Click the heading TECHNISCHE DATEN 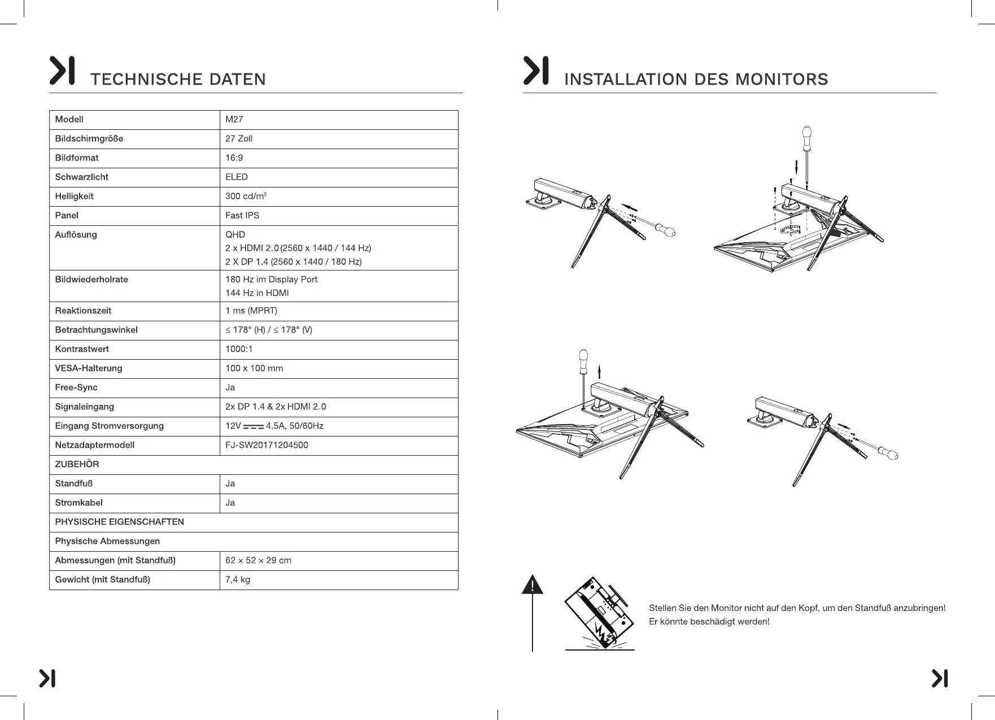[178, 79]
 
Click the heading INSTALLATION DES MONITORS [696, 79]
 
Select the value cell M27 [234, 119]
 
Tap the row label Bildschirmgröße [89, 138]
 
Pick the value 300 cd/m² [246, 196]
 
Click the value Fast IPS [242, 215]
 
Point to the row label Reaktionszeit [83, 311]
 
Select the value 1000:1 [239, 349]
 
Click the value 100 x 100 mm [254, 368]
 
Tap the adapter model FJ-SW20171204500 [267, 445]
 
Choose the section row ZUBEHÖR [77, 464]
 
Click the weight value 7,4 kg [238, 579]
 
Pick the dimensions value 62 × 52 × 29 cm [258, 560]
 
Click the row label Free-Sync [76, 387]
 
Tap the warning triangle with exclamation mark [533, 585]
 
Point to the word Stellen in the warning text [662, 608]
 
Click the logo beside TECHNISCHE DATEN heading [62, 71]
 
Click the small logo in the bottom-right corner [940, 678]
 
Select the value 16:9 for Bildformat [234, 158]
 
